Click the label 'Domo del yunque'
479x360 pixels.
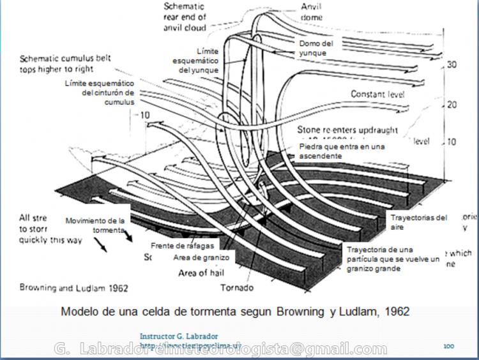[317, 48]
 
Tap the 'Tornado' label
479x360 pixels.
[237, 287]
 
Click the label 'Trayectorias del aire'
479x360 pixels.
[419, 221]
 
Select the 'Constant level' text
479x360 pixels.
[379, 94]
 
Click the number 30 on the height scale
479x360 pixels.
[452, 65]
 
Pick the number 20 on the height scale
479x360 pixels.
[452, 104]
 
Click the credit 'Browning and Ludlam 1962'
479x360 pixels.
[74, 287]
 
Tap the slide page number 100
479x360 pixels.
[448, 345]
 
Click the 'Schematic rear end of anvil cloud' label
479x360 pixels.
[184, 17]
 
